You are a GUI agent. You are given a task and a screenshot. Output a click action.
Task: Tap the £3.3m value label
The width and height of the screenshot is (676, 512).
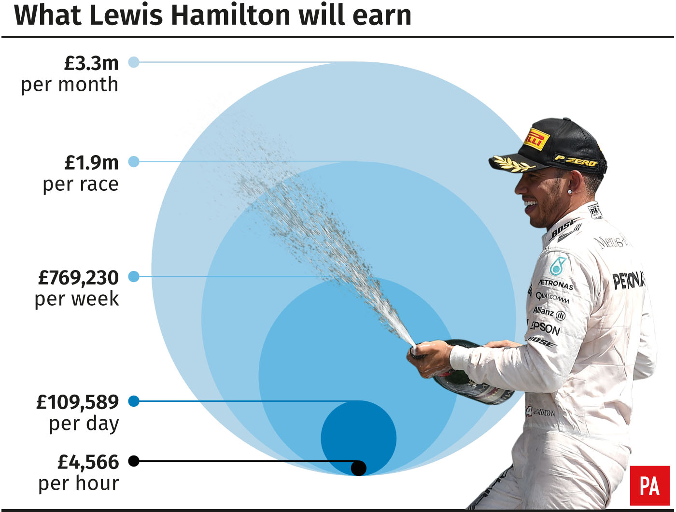92,63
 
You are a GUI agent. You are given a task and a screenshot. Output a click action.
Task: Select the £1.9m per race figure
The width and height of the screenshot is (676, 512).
92,163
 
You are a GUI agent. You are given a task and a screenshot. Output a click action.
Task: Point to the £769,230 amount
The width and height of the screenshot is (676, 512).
79,278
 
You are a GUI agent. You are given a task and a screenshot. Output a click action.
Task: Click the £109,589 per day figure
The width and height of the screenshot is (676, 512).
78,402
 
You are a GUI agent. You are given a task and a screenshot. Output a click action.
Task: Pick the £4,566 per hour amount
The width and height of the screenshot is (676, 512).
88,462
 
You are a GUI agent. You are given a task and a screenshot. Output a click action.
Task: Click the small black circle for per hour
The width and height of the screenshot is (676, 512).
358,468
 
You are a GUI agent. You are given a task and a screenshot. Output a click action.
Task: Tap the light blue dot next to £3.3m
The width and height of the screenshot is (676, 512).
134,62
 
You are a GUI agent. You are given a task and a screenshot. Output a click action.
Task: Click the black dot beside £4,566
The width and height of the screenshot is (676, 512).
134,461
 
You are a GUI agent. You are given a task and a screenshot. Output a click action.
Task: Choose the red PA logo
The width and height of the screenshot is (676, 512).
649,485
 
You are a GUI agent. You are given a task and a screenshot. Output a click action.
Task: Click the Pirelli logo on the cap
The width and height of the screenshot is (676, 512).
536,140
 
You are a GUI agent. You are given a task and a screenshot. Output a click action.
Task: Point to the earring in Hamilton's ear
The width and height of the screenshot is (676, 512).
570,191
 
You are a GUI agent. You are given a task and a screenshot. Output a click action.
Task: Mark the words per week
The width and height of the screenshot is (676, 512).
77,299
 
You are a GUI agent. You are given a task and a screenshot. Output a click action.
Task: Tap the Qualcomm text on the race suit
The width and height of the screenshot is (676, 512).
552,298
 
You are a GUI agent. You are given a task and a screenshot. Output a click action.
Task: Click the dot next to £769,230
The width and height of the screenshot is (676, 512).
134,277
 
